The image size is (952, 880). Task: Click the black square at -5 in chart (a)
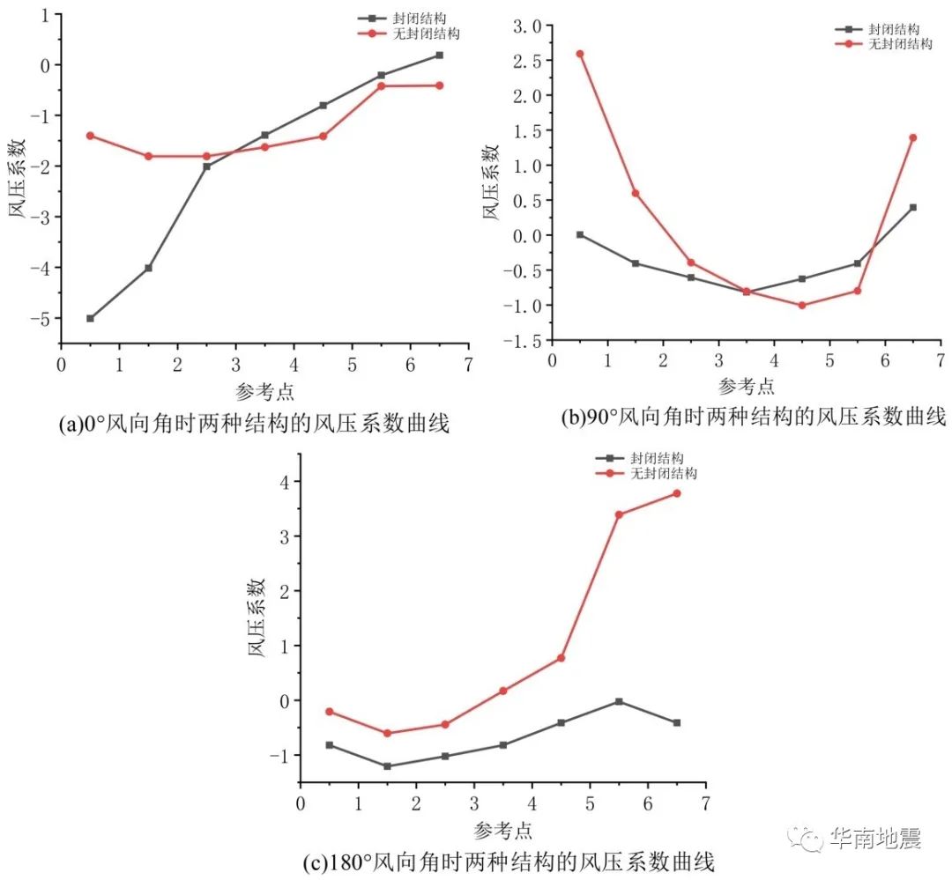[90, 318]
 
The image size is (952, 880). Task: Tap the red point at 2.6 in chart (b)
[580, 54]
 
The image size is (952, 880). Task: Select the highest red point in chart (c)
[677, 493]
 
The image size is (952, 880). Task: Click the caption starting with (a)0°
[253, 425]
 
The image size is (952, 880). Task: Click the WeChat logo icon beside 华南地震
[805, 839]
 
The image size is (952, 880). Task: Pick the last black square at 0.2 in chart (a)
[439, 55]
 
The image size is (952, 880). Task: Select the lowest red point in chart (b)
[802, 305]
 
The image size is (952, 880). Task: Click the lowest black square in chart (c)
[387, 766]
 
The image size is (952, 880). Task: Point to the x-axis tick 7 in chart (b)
[941, 359]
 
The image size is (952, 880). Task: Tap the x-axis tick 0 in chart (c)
[300, 802]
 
